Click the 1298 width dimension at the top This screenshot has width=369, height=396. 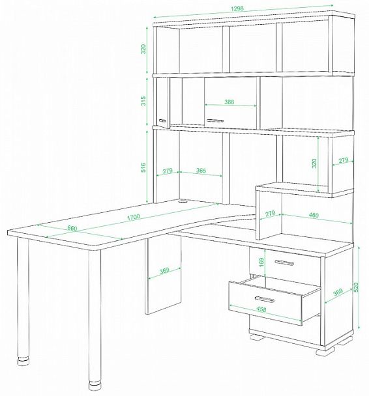237,8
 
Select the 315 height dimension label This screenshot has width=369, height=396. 143,100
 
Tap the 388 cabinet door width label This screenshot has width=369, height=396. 229,102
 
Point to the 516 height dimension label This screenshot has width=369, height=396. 143,167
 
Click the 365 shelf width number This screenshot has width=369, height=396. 201,171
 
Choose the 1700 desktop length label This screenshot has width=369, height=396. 133,217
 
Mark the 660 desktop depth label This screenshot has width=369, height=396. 72,229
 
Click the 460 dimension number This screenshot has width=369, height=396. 314,215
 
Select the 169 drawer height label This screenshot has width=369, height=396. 261,262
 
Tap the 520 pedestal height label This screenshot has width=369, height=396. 356,287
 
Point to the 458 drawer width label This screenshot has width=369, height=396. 261,309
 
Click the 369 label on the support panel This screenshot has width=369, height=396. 164,270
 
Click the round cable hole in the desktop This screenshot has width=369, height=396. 183,201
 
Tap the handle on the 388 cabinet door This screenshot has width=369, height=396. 215,120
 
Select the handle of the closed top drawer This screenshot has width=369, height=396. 284,262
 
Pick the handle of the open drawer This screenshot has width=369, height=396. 265,299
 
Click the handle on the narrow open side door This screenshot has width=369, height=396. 162,120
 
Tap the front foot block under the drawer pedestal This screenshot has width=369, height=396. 325,351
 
